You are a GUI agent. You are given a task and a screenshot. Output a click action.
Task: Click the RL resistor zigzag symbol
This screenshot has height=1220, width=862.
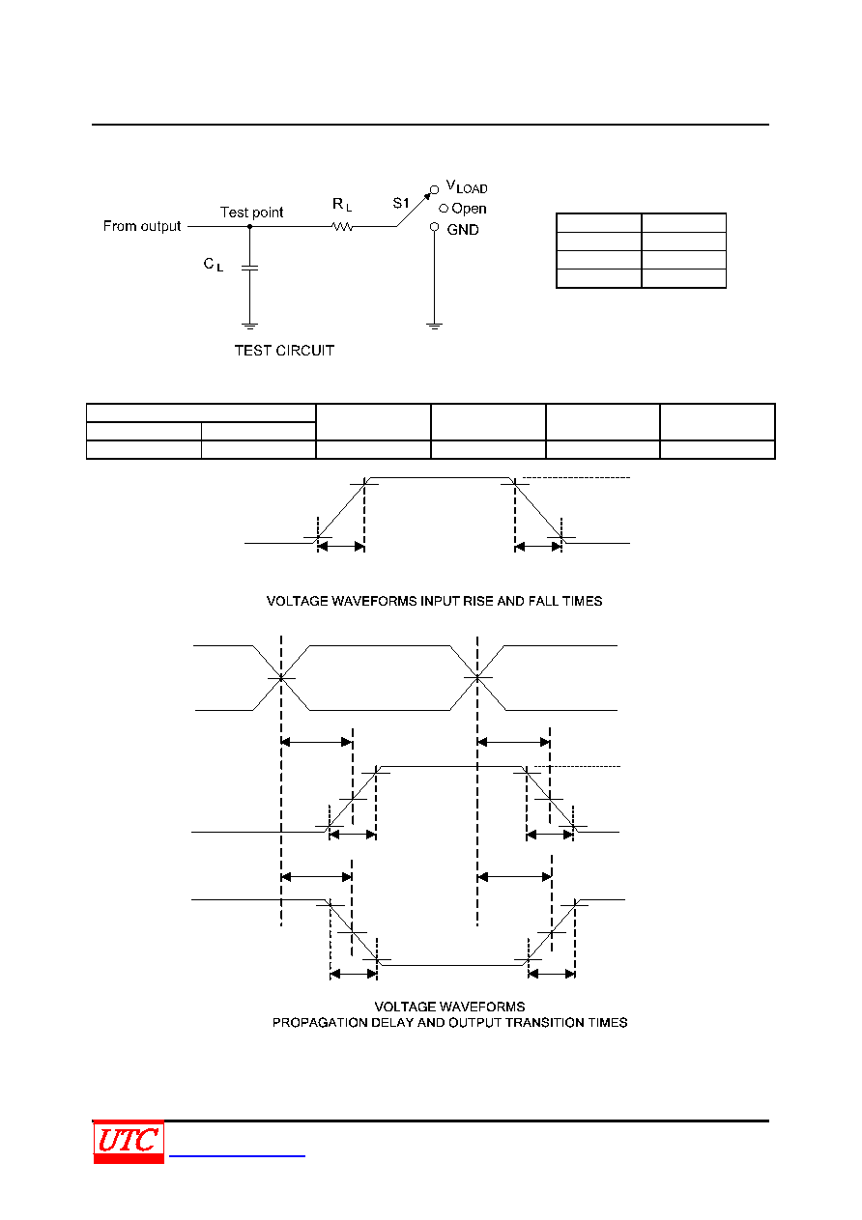(342, 226)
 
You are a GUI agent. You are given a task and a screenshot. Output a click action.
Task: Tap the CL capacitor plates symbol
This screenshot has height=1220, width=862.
(249, 268)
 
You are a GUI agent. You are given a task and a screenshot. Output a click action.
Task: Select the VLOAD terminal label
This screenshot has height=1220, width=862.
(467, 186)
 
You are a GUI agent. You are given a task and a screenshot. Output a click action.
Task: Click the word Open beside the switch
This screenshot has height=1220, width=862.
(469, 209)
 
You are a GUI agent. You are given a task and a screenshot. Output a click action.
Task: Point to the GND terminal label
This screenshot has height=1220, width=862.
(463, 230)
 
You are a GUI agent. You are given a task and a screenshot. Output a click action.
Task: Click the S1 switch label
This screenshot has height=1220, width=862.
(400, 203)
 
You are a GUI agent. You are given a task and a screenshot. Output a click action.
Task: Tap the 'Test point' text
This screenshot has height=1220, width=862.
(251, 212)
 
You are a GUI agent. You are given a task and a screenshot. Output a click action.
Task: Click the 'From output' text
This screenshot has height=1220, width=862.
(142, 226)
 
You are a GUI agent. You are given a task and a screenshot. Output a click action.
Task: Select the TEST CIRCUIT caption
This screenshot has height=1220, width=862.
(284, 351)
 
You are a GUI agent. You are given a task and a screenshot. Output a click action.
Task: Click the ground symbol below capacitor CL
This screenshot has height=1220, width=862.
(249, 326)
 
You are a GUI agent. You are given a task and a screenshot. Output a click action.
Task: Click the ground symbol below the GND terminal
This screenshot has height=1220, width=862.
(434, 326)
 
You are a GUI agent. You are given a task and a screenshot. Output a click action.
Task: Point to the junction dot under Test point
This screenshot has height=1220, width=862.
(249, 227)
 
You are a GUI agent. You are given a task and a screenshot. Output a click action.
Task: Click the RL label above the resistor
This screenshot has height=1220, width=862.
(342, 204)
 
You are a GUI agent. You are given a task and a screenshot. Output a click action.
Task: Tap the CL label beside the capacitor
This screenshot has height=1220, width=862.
(213, 265)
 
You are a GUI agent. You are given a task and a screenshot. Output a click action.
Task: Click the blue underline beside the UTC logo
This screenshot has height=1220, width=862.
(237, 1155)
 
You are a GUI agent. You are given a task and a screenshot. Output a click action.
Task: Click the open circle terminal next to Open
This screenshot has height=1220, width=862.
(444, 209)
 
